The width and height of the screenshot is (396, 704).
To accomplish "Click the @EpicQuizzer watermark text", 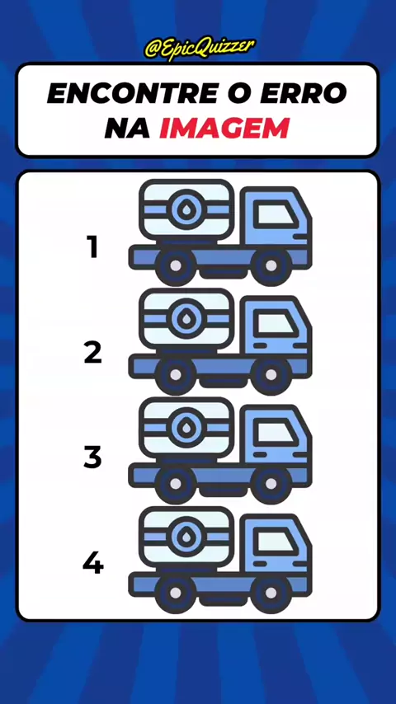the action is pyautogui.click(x=200, y=49).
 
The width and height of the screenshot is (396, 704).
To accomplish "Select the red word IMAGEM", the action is pyautogui.click(x=224, y=129).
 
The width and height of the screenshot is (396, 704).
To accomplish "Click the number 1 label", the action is pyautogui.click(x=92, y=247).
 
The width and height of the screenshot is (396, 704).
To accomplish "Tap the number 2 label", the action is pyautogui.click(x=93, y=353).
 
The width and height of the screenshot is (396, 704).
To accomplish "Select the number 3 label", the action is pyautogui.click(x=92, y=458).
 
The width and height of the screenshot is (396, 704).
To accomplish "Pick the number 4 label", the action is pyautogui.click(x=93, y=564).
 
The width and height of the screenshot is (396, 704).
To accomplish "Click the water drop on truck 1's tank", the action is pyautogui.click(x=185, y=209).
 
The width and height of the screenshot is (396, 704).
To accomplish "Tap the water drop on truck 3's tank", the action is pyautogui.click(x=185, y=427).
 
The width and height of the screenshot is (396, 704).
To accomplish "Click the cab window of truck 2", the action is pyautogui.click(x=275, y=323).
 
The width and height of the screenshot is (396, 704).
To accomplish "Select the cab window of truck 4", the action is pyautogui.click(x=275, y=541).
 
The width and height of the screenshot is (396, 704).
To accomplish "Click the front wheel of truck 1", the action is pyautogui.click(x=271, y=265).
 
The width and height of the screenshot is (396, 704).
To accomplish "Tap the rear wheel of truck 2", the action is pyautogui.click(x=175, y=374).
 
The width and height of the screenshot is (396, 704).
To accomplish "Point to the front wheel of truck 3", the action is pyautogui.click(x=271, y=484).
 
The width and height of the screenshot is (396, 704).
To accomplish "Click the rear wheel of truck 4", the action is pyautogui.click(x=175, y=593).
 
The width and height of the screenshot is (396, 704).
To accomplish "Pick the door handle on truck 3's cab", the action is pyautogui.click(x=260, y=454).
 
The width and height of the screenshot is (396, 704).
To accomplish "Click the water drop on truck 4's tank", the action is pyautogui.click(x=185, y=536).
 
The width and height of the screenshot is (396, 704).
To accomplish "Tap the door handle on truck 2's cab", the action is pyautogui.click(x=260, y=345).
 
